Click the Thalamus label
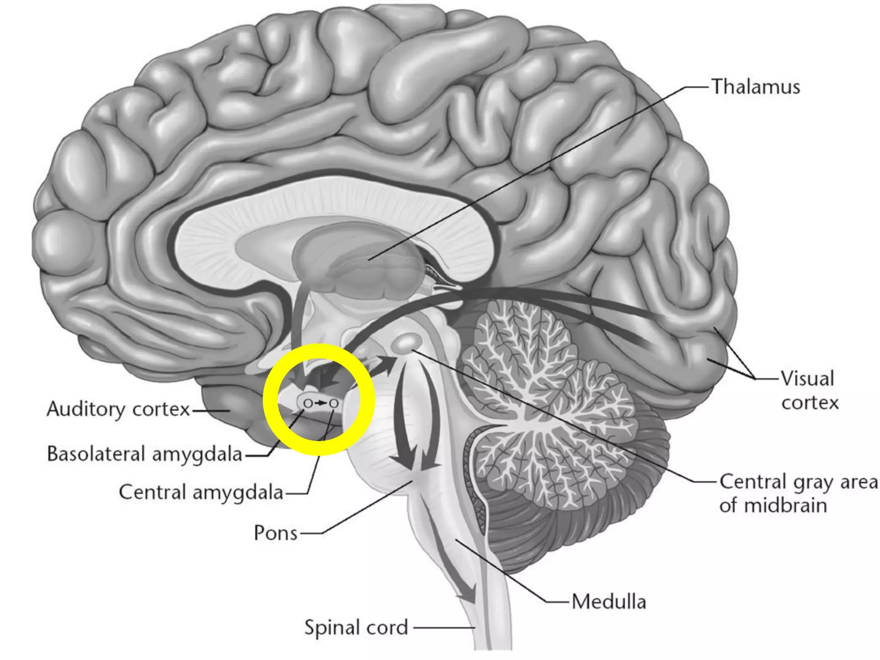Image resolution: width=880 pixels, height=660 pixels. pos(756,87)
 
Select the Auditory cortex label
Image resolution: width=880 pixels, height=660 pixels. pos(118,409)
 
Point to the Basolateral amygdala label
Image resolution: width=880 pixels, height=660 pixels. pos(144,454)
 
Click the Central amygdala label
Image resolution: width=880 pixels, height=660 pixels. pos(201,492)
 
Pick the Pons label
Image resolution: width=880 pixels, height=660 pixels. pos(275,533)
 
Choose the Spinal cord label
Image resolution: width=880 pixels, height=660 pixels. pos(356,627)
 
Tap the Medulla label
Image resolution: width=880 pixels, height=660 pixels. pos(608,601)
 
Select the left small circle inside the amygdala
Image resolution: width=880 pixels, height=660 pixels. pos(308,403)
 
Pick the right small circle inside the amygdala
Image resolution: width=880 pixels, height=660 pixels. pos(333,403)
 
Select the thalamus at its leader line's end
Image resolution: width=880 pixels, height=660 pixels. pos(369,259)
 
